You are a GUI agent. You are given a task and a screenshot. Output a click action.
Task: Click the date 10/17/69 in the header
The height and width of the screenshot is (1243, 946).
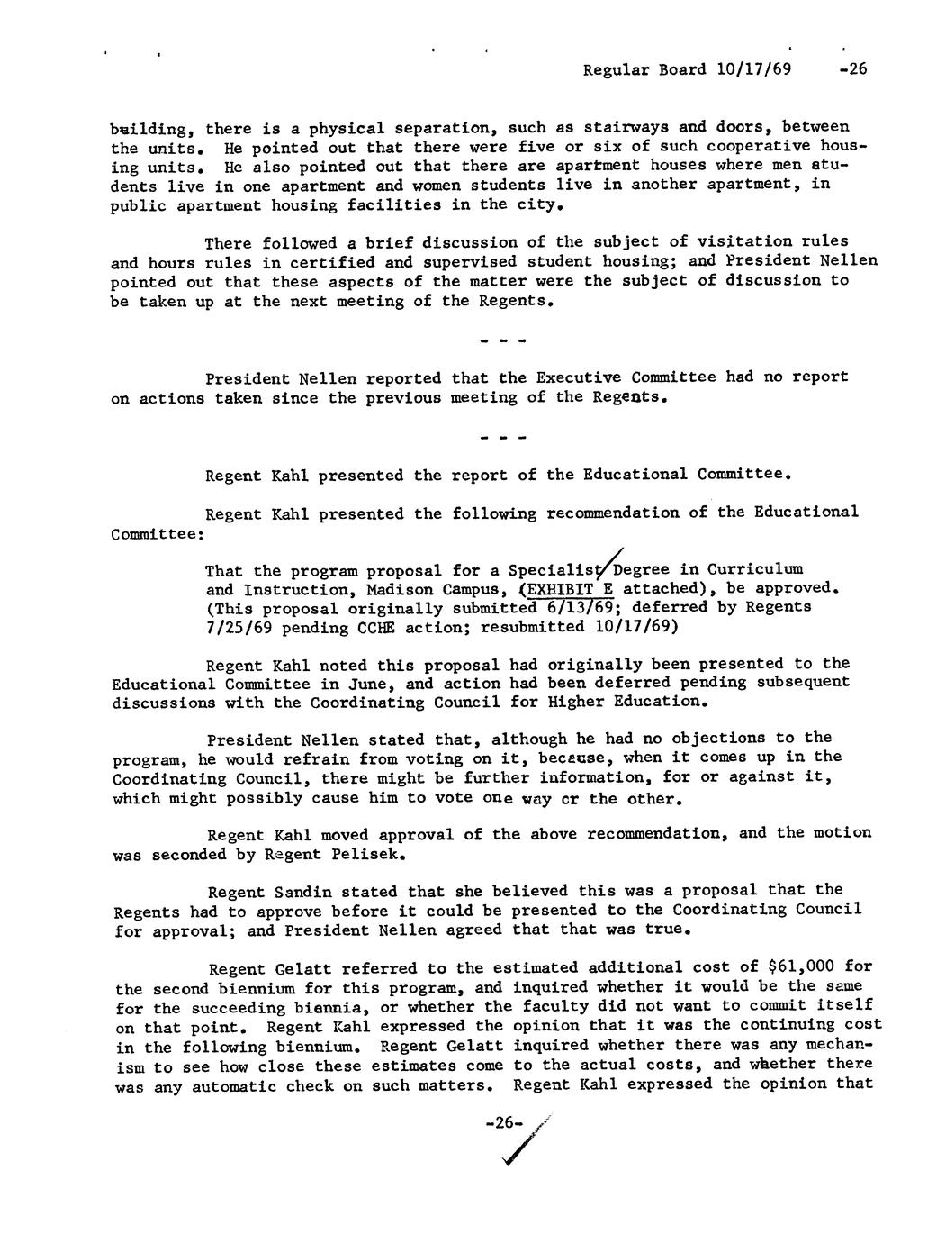coord(756,69)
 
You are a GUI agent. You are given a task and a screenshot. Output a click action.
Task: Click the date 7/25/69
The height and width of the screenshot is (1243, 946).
coord(239,626)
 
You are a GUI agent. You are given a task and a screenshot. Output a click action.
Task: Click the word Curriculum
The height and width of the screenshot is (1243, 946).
coord(754,569)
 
